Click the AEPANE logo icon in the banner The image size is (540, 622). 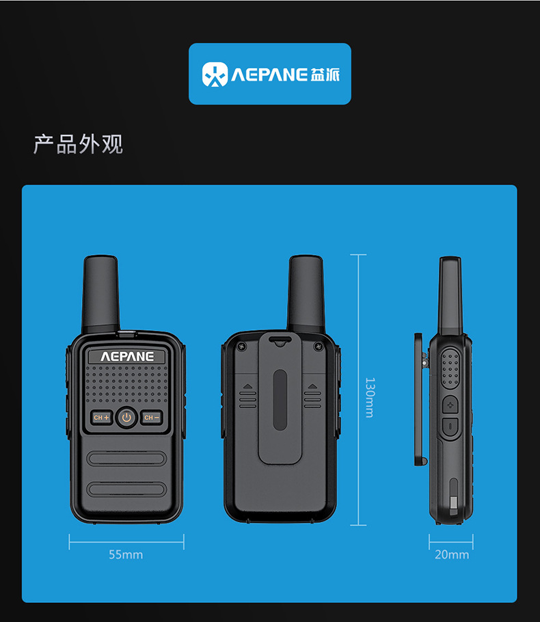coord(215,75)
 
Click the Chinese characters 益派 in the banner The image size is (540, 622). coord(325,75)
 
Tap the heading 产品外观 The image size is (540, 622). coord(78,144)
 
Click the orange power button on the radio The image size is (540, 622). coord(126,417)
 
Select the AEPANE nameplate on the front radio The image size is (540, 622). coord(127,356)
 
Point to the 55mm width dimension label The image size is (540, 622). coord(126,554)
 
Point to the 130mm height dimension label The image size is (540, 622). coord(369,397)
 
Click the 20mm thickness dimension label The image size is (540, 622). coord(452,554)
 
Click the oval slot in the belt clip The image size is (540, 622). coord(279,400)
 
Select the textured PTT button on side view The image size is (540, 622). coord(450,369)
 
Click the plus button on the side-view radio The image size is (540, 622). coord(450,405)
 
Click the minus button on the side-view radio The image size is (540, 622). coord(450,427)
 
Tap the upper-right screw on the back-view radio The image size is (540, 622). coord(317,347)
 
